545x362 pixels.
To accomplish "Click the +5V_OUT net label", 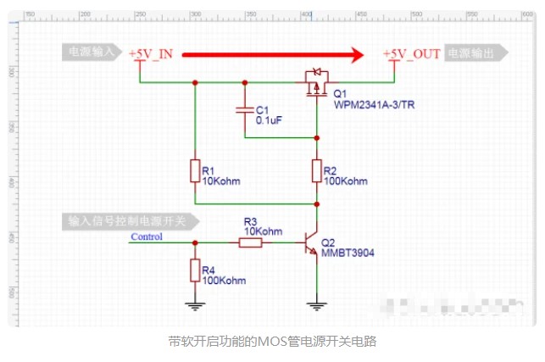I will tap(411, 53).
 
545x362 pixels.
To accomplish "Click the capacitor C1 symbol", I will tap(244, 110).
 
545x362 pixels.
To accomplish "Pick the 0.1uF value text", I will tap(270, 120).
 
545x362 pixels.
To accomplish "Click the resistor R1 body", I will tap(195, 170).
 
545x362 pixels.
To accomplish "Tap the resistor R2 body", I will tap(316, 170).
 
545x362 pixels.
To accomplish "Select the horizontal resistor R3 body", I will tap(250, 243).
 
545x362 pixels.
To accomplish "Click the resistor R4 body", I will tap(195, 270).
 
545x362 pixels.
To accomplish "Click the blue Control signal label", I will tap(147, 237).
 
